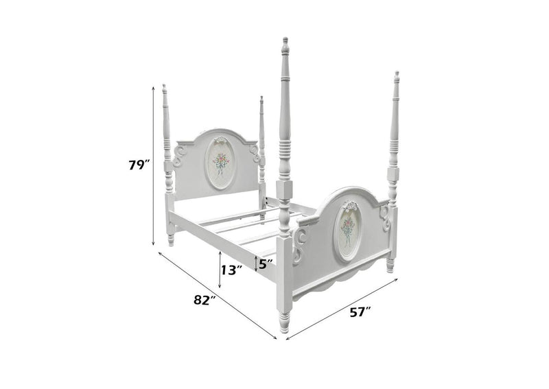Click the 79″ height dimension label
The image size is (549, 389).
(139, 165)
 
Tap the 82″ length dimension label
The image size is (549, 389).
(204, 300)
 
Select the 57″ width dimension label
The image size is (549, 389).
(360, 311)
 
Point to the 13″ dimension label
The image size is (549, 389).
(232, 270)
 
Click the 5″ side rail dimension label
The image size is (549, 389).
(266, 263)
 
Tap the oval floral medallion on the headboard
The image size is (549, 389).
(220, 163)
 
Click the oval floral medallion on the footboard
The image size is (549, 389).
(347, 232)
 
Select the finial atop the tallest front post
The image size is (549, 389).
(285, 45)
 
